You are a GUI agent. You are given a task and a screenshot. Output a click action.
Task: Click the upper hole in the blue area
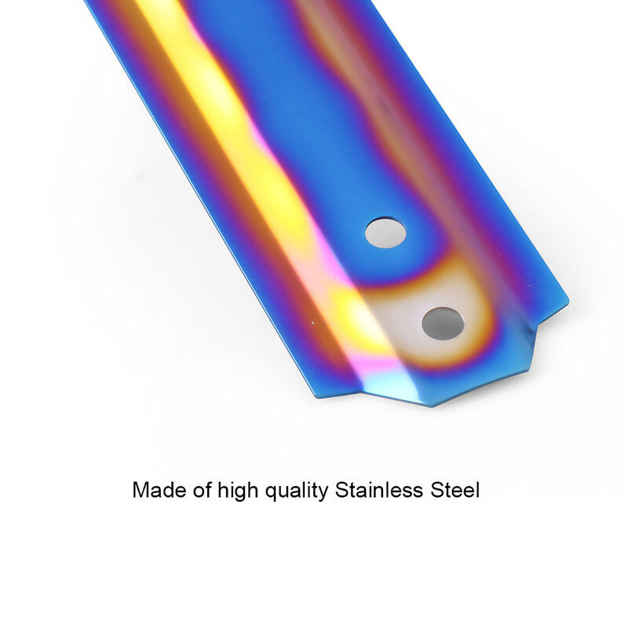tap(385, 232)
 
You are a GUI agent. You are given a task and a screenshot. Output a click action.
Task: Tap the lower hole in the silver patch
tap(443, 323)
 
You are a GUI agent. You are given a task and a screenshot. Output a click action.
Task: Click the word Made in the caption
tap(159, 490)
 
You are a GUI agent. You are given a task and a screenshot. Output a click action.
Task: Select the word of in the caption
tap(203, 490)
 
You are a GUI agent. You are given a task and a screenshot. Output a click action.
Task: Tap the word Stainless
tap(379, 490)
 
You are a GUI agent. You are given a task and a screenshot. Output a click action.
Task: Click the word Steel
tap(455, 490)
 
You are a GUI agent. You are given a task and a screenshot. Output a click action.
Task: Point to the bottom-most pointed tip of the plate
tap(431, 407)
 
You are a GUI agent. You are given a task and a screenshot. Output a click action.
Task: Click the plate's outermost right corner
tap(568, 300)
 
